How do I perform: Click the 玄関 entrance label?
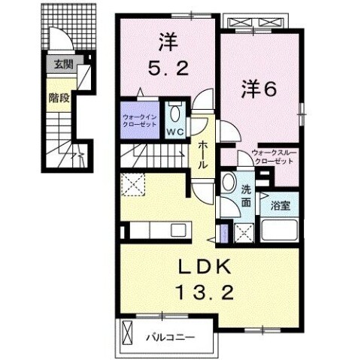(61, 65)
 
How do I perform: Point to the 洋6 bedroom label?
(259, 89)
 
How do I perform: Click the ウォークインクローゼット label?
(140, 119)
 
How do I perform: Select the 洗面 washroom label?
(247, 193)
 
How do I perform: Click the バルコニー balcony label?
(169, 337)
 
